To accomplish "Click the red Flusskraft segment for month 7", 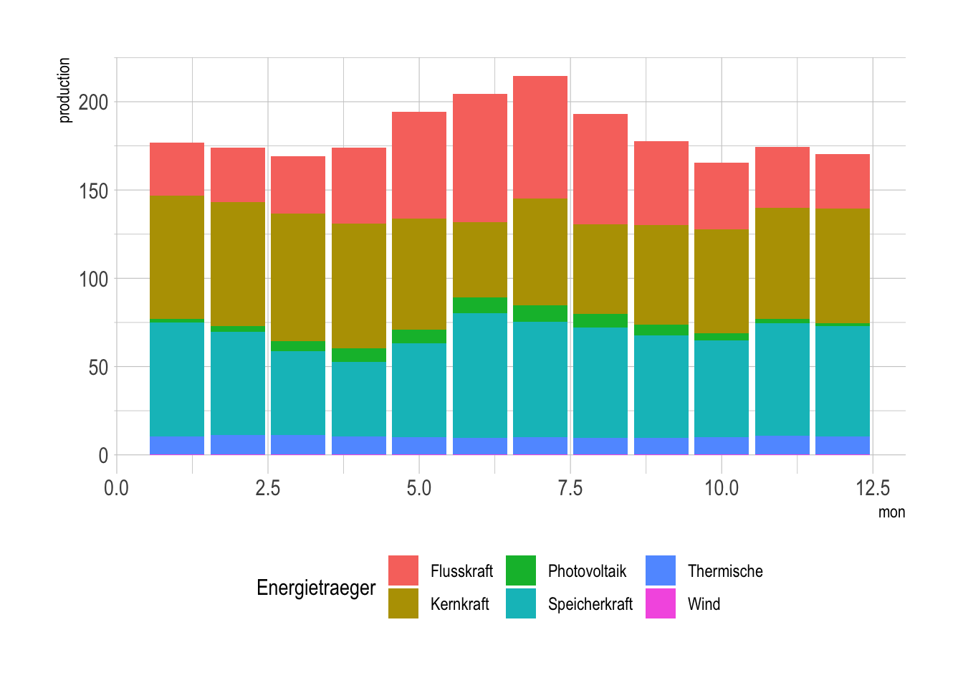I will [x=540, y=137].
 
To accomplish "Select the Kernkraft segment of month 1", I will [x=177, y=257].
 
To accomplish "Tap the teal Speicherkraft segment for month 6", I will [x=480, y=376].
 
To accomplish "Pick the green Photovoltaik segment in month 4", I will [x=359, y=355].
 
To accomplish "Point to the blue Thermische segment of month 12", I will [x=843, y=445].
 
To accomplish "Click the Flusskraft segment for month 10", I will [x=722, y=196].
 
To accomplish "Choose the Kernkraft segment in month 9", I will [x=661, y=274].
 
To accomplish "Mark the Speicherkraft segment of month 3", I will [x=298, y=393].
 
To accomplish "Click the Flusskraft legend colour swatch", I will [x=403, y=570].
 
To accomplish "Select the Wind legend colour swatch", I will [x=661, y=603].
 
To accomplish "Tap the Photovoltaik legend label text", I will [x=587, y=571].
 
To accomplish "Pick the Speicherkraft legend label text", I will [x=590, y=604].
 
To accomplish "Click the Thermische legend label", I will [x=725, y=571].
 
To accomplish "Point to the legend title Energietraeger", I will [x=316, y=588].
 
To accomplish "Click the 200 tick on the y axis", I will [x=93, y=102].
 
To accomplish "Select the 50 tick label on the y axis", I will [x=98, y=367].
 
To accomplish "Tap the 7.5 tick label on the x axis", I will [x=570, y=489].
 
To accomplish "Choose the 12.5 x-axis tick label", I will [x=873, y=489].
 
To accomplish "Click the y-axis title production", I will [x=64, y=90].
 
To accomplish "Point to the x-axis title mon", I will [x=891, y=512].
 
